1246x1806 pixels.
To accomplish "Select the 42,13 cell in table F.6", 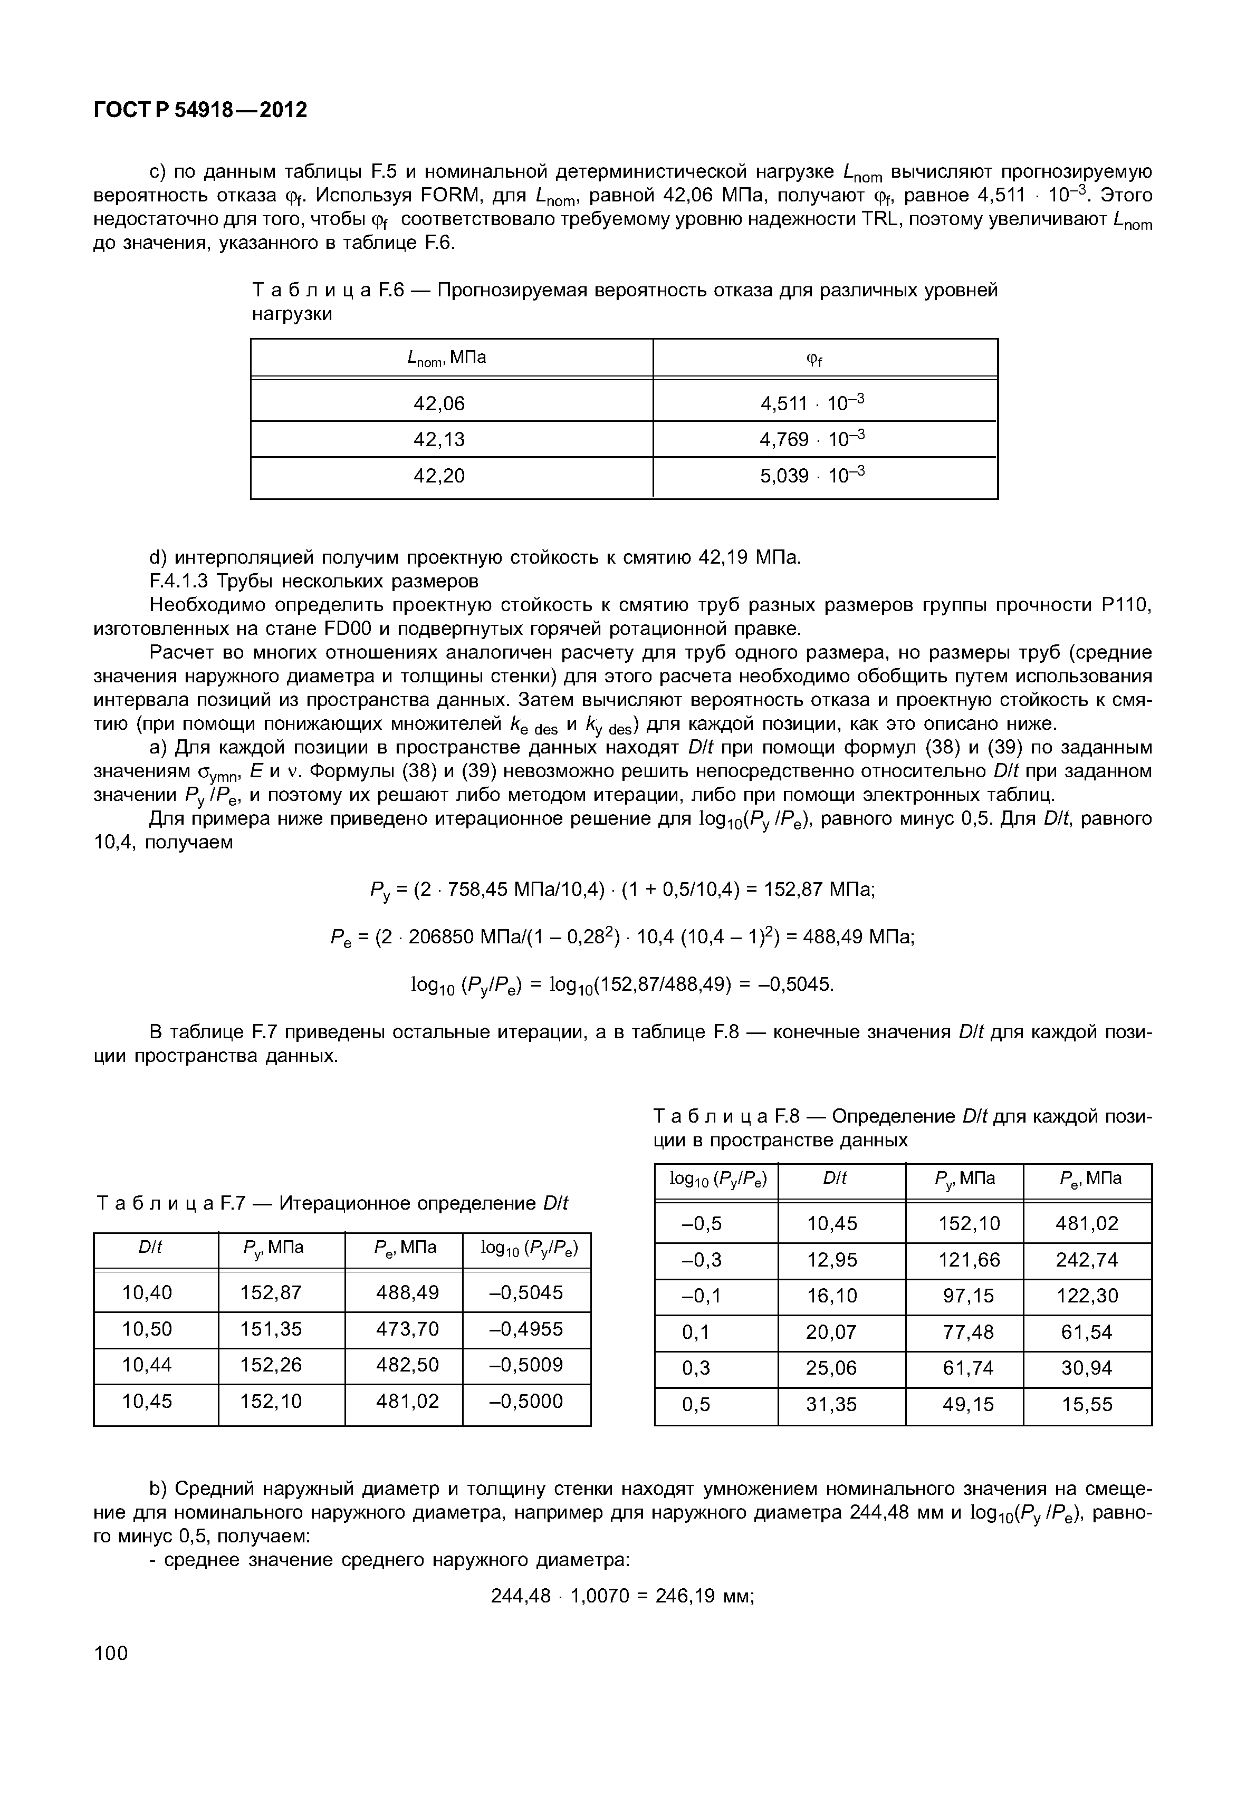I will [x=439, y=439].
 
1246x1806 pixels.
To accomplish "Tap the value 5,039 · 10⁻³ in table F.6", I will [x=812, y=475].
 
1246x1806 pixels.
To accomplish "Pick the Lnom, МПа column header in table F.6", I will [x=447, y=358].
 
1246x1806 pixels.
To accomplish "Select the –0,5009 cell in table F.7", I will [x=525, y=1365].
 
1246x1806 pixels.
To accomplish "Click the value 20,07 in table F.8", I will [x=831, y=1332].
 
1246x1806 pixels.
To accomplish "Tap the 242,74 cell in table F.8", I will [x=1087, y=1260].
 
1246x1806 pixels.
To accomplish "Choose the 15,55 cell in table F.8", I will [x=1087, y=1405].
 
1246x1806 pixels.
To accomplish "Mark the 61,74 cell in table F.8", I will [x=968, y=1368].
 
